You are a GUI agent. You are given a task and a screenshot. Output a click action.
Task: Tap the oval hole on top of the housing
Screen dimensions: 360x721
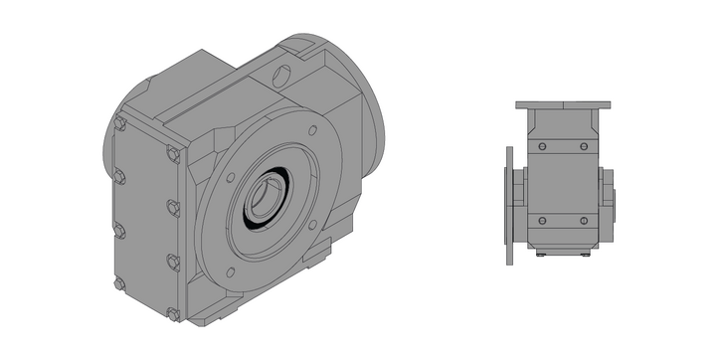pyautogui.click(x=282, y=74)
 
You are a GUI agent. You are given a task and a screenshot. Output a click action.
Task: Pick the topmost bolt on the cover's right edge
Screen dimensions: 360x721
pyautogui.click(x=174, y=153)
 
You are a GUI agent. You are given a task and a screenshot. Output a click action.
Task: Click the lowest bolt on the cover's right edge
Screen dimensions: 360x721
pyautogui.click(x=175, y=314)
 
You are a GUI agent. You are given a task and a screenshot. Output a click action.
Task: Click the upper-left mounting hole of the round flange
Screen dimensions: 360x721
pyautogui.click(x=231, y=178)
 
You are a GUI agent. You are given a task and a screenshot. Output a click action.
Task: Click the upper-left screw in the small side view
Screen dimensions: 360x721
pyautogui.click(x=541, y=146)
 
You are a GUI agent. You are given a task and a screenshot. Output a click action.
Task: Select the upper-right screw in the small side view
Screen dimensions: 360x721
pyautogui.click(x=584, y=146)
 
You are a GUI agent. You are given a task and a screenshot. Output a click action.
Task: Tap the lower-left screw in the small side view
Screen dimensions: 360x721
pyautogui.click(x=541, y=220)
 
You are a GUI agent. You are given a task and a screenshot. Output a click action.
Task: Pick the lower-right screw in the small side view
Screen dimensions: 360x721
pyautogui.click(x=584, y=220)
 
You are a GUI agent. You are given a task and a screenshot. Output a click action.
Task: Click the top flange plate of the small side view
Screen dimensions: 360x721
pyautogui.click(x=562, y=104)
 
